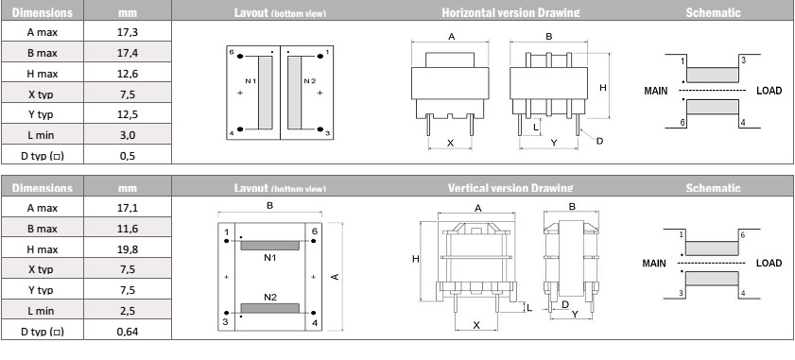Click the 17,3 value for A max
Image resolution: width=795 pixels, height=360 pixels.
pyautogui.click(x=128, y=32)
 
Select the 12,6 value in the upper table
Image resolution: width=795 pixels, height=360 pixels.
pyautogui.click(x=128, y=74)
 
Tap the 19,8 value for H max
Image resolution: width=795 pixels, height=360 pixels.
pyautogui.click(x=128, y=249)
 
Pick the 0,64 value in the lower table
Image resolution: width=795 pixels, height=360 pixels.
pyautogui.click(x=128, y=331)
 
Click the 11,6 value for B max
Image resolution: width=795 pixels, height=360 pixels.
pyautogui.click(x=128, y=229)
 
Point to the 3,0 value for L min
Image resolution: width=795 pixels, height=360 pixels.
pyautogui.click(x=128, y=135)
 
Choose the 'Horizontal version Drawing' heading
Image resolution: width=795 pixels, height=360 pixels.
pyautogui.click(x=510, y=12)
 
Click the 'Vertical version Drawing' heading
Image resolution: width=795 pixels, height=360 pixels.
pyautogui.click(x=510, y=188)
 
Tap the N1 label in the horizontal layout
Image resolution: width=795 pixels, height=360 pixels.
pyautogui.click(x=251, y=81)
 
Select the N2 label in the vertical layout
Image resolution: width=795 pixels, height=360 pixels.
pyautogui.click(x=270, y=297)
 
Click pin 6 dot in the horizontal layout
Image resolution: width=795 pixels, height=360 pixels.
pyautogui.click(x=240, y=57)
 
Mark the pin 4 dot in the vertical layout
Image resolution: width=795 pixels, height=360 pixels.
pyautogui.click(x=314, y=313)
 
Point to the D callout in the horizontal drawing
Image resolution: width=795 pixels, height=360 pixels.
pyautogui.click(x=599, y=141)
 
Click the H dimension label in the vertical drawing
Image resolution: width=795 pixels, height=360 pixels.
pyautogui.click(x=416, y=259)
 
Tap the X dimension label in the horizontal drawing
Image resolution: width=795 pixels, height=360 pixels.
pyautogui.click(x=450, y=143)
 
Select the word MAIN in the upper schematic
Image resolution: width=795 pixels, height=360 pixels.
pyautogui.click(x=656, y=91)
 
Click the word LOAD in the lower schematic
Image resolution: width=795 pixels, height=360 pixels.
pyautogui.click(x=769, y=264)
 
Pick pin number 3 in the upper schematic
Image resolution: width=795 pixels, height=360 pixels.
pyautogui.click(x=743, y=60)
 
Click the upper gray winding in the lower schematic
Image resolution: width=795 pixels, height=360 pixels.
pyautogui.click(x=712, y=249)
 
